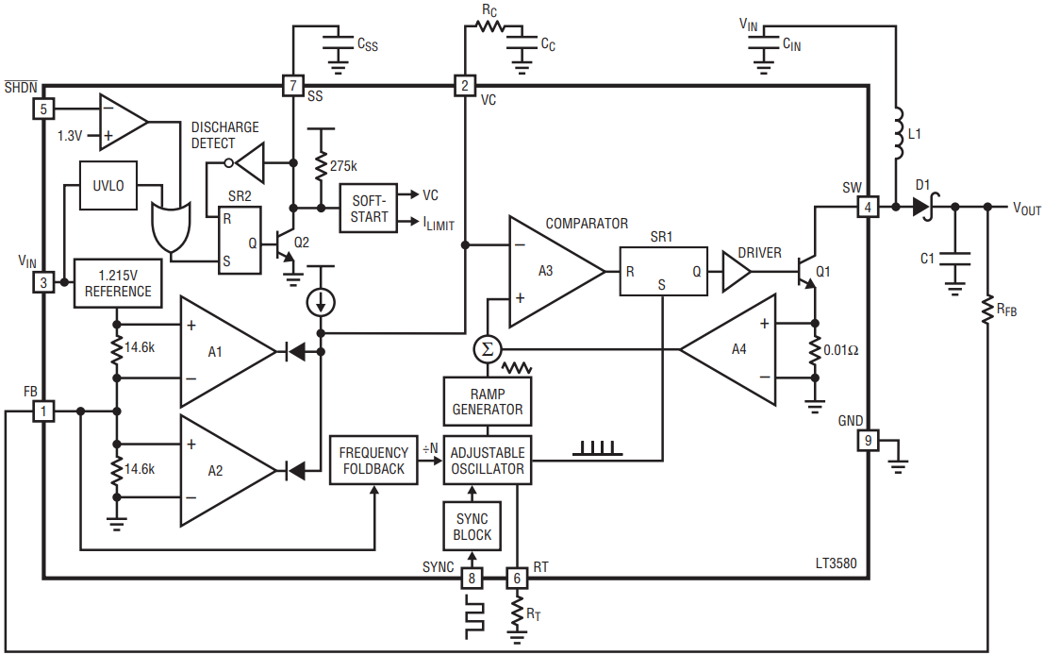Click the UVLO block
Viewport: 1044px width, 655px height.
108,185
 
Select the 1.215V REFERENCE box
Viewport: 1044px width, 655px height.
118,283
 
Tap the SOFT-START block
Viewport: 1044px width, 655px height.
368,209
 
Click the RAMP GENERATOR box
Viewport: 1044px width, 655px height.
488,401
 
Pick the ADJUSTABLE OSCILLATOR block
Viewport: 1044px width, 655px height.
488,461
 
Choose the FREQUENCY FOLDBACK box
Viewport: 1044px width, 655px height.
373,461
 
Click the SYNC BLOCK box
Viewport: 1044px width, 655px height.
472,527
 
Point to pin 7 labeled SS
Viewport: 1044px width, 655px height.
293,85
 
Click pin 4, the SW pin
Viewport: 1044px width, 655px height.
868,208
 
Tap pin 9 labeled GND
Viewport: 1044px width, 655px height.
868,441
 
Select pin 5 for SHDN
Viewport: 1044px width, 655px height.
44,109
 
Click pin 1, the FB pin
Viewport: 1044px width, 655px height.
44,411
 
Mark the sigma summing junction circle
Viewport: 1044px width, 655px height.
488,349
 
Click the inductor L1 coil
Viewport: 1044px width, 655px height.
898,134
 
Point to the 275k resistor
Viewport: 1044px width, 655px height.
321,166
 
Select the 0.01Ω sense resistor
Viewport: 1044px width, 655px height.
814,350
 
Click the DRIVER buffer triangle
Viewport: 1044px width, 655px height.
737,271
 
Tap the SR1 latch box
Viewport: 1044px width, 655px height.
663,271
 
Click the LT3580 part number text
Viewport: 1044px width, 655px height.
837,563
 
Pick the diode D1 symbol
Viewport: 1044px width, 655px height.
924,207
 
